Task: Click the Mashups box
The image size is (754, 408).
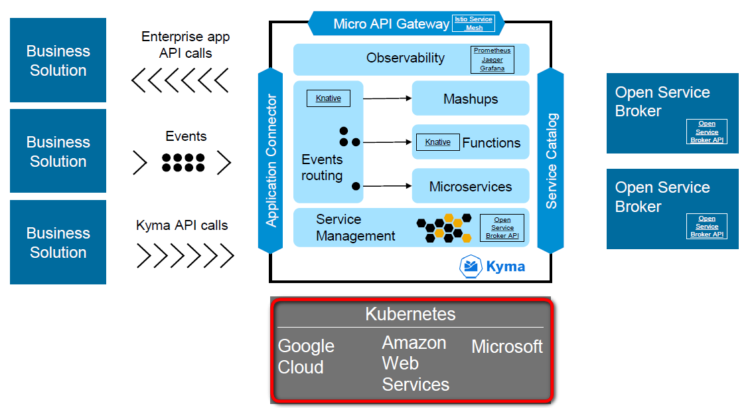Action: click(471, 99)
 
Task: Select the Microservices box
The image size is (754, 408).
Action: click(471, 186)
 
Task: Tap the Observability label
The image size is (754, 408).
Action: click(405, 58)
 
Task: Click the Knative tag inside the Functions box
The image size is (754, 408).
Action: click(437, 142)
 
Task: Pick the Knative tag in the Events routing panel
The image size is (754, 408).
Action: click(328, 98)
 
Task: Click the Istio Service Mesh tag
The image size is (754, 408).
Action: click(474, 23)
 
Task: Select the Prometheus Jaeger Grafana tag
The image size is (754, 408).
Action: click(492, 59)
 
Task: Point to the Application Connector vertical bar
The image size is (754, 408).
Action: click(271, 160)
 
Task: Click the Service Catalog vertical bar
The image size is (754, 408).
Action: click(551, 160)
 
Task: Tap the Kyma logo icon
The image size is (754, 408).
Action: click(471, 266)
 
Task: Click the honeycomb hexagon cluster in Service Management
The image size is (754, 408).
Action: click(443, 227)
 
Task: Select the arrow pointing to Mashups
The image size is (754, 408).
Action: click(388, 98)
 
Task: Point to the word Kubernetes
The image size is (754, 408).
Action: click(410, 314)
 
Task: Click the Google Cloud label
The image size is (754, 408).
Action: click(306, 356)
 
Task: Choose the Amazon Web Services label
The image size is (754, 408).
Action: click(415, 363)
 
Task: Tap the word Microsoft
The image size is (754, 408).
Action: click(507, 346)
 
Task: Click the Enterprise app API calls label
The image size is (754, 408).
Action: click(186, 45)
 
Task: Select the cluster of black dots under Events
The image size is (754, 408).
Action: click(183, 163)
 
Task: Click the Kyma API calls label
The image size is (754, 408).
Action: click(182, 225)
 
